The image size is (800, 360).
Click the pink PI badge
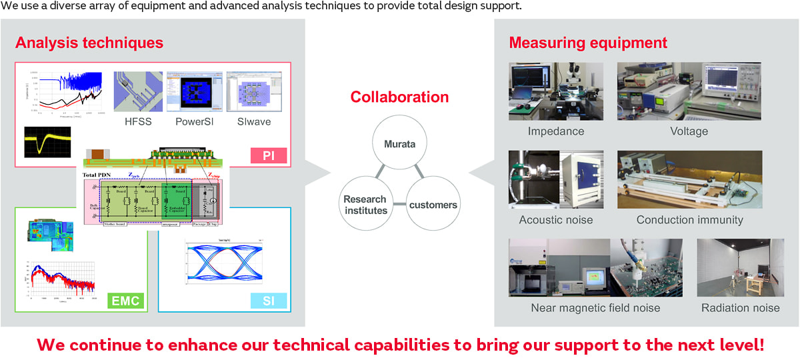[x=269, y=157]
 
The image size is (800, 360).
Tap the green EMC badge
[x=125, y=301]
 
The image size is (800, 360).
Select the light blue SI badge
[x=269, y=301]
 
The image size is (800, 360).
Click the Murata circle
[x=399, y=144]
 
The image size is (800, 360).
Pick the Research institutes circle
[x=365, y=204]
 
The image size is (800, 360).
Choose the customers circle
[x=433, y=204]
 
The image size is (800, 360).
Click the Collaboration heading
[x=399, y=97]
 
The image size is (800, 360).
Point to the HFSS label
[x=138, y=122]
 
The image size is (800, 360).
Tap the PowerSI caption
[x=195, y=122]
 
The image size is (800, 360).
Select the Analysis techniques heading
[x=89, y=43]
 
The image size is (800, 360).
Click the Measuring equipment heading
[x=588, y=43]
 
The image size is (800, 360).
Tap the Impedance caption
[x=555, y=131]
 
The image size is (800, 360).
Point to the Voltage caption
[x=689, y=131]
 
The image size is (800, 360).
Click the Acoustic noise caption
[x=555, y=220]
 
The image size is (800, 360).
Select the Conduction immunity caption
[x=689, y=220]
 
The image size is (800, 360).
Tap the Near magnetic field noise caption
[x=595, y=308]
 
